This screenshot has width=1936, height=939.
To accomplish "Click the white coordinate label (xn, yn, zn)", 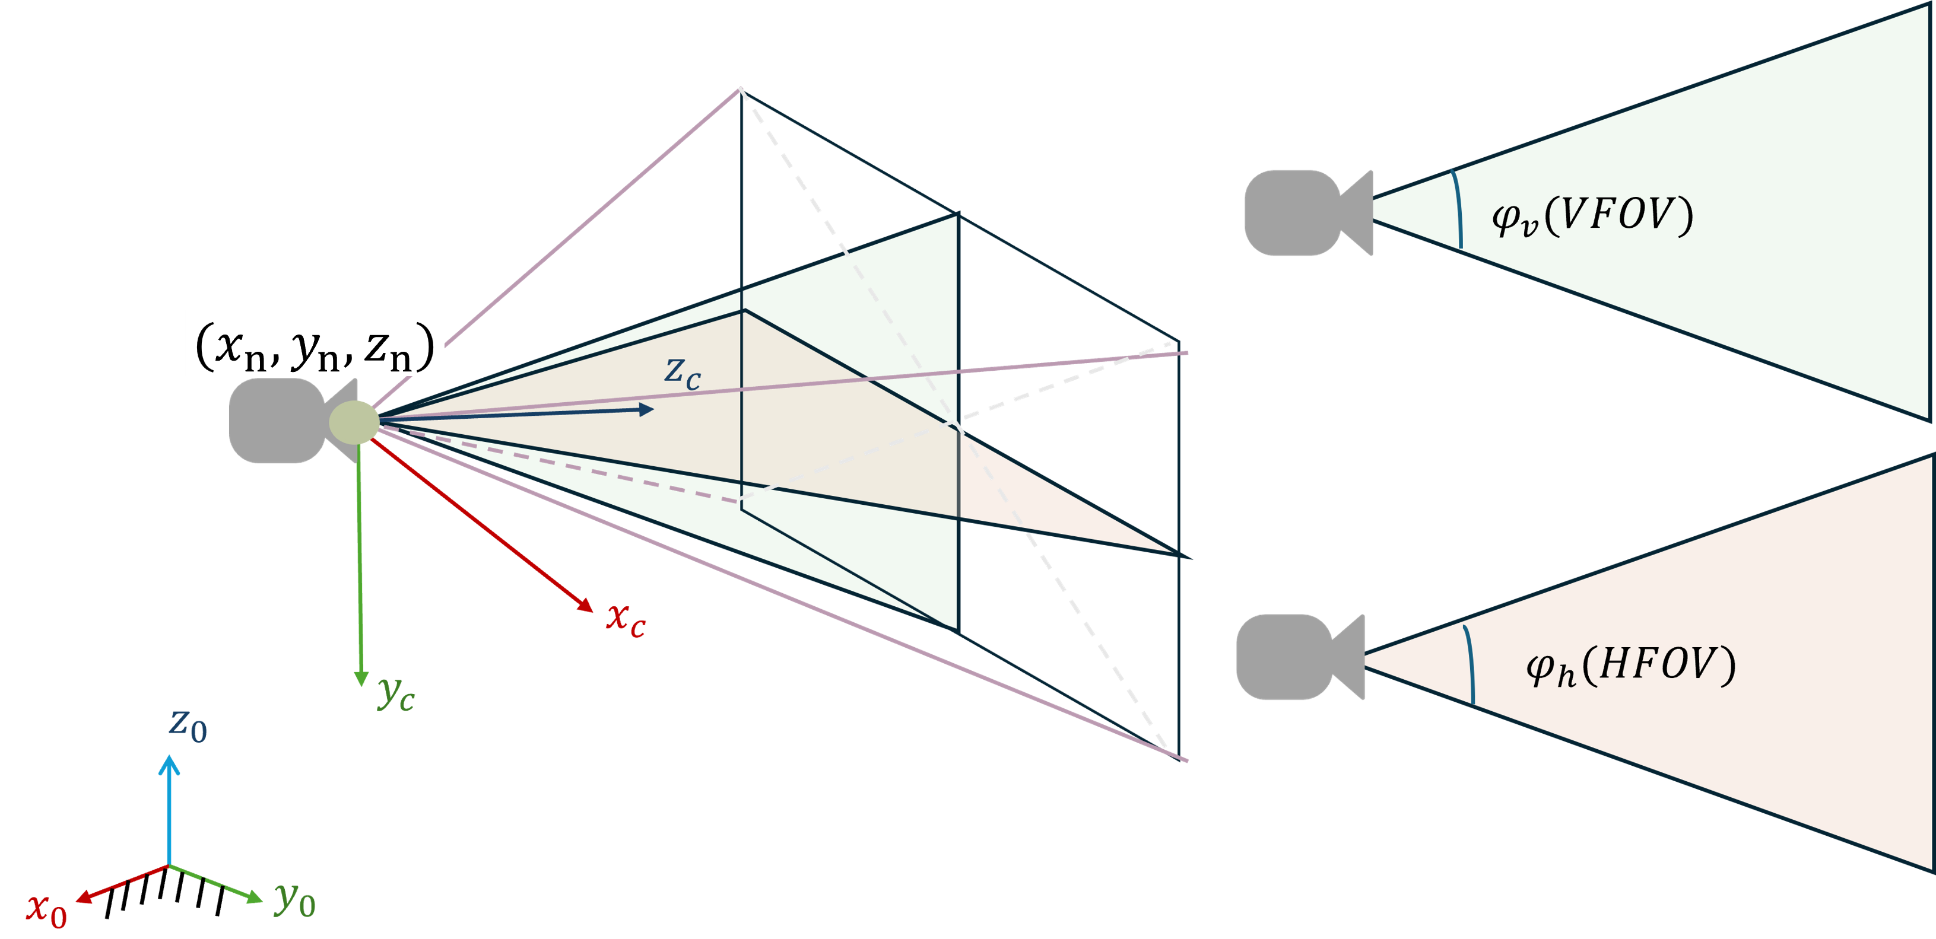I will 314,344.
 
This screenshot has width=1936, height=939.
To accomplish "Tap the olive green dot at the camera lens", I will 354,422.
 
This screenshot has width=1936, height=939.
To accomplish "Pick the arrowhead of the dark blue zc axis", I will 646,409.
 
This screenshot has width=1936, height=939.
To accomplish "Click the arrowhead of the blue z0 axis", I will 169,765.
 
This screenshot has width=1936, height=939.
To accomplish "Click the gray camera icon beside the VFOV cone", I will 1307,212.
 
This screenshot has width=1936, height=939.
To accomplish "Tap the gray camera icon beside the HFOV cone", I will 1299,657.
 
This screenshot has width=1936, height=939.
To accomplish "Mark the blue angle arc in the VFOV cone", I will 1459,209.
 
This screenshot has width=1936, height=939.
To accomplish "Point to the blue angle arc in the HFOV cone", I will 1470,665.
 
